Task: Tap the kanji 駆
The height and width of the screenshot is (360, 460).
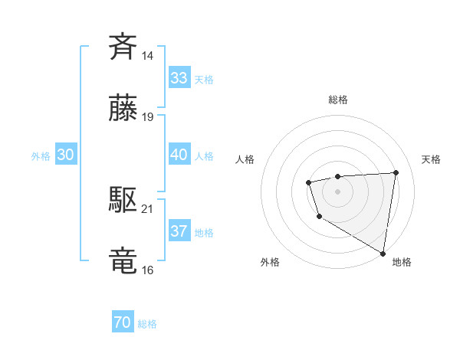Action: pyautogui.click(x=123, y=199)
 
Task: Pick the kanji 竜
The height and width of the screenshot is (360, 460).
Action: pyautogui.click(x=123, y=260)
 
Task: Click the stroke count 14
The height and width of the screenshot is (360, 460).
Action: pyautogui.click(x=148, y=56)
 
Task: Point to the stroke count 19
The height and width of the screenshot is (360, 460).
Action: pyautogui.click(x=148, y=117)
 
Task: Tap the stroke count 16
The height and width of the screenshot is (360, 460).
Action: pyautogui.click(x=148, y=270)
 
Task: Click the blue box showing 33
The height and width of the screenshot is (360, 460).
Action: pyautogui.click(x=179, y=78)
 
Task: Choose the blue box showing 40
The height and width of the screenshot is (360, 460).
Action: pyautogui.click(x=179, y=155)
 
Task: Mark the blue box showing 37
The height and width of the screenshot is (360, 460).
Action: pyautogui.click(x=179, y=231)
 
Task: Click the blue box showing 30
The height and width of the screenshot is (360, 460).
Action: pyautogui.click(x=66, y=155)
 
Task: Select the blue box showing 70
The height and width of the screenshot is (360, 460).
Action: pyautogui.click(x=123, y=322)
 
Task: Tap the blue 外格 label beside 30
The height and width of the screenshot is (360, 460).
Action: pyautogui.click(x=41, y=156)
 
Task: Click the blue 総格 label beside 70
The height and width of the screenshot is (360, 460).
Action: pyautogui.click(x=147, y=324)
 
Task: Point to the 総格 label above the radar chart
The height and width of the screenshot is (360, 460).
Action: pyautogui.click(x=337, y=100)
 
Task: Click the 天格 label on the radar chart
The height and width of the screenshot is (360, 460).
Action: pyautogui.click(x=431, y=159)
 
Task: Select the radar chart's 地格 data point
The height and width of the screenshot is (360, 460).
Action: pyautogui.click(x=383, y=253)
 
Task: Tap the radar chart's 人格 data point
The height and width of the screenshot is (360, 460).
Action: pyautogui.click(x=308, y=182)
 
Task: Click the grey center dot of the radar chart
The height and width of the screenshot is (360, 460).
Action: pyautogui.click(x=337, y=191)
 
